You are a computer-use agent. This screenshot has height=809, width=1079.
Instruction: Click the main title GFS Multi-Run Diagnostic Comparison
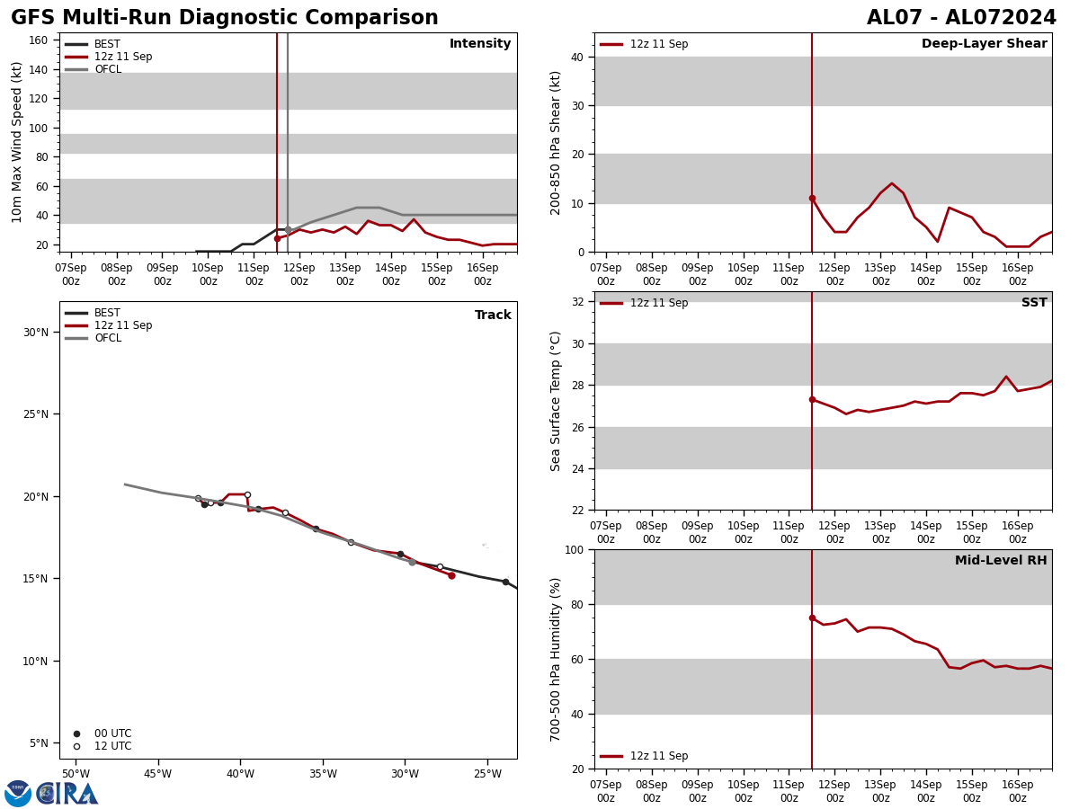225,18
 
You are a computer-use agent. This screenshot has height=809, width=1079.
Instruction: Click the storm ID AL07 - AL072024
961,18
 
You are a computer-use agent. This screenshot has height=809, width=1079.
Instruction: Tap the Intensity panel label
480,44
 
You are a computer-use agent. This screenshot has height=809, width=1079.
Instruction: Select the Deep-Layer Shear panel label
984,44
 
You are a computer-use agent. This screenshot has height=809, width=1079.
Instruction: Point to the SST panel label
1034,303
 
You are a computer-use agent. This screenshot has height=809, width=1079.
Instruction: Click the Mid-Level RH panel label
1001,561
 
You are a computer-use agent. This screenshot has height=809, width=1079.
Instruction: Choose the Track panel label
493,316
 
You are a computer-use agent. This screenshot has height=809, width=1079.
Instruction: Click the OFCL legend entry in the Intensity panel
107,69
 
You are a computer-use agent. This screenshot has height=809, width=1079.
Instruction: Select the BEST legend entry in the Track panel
107,313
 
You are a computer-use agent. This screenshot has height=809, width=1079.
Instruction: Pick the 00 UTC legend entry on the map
112,733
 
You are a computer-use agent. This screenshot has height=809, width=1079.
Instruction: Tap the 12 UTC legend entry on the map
112,746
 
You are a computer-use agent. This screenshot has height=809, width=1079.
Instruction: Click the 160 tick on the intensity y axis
38,40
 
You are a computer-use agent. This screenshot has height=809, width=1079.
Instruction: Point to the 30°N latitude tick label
36,332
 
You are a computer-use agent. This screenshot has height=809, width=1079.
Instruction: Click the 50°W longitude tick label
76,774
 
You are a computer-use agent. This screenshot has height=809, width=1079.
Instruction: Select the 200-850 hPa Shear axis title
557,142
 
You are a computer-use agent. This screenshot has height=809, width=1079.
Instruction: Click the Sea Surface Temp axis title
557,401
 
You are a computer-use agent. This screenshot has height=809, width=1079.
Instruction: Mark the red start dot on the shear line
812,198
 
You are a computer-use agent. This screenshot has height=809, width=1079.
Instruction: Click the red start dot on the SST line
812,399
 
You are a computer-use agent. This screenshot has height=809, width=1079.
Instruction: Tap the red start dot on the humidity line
812,618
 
